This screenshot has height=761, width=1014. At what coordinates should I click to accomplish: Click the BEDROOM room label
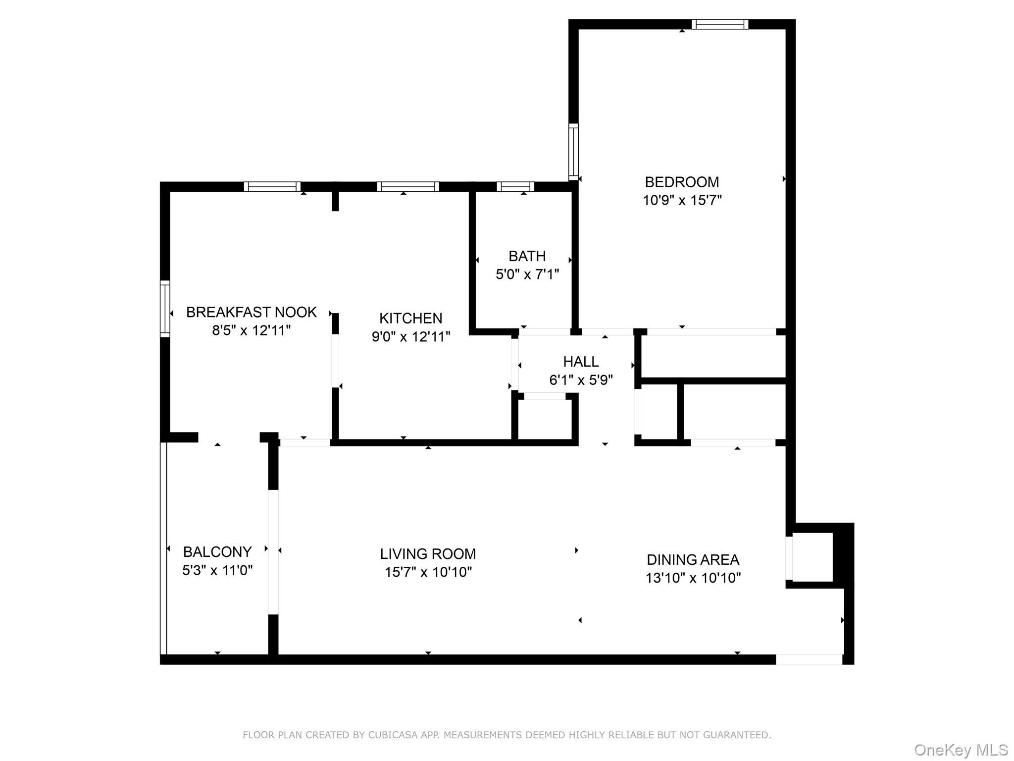pyautogui.click(x=682, y=182)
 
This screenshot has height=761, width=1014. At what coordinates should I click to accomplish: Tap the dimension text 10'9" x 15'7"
pyautogui.click(x=682, y=200)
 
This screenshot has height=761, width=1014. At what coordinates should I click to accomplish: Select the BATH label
pyautogui.click(x=527, y=256)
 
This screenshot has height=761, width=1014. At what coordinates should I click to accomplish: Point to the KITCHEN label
pyautogui.click(x=410, y=318)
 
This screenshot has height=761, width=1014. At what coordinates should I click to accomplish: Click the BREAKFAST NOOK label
pyautogui.click(x=251, y=312)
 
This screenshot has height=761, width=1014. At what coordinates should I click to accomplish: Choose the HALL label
pyautogui.click(x=581, y=362)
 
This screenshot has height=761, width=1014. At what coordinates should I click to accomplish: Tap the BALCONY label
pyautogui.click(x=217, y=551)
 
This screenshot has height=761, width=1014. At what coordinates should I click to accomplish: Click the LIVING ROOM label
pyautogui.click(x=428, y=553)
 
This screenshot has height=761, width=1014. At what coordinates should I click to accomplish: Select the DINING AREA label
pyautogui.click(x=693, y=559)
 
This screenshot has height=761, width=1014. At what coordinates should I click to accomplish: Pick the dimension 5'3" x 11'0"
pyautogui.click(x=217, y=570)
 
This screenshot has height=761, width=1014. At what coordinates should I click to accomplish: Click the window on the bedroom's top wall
pyautogui.click(x=719, y=24)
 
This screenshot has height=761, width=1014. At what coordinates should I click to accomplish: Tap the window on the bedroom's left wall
pyautogui.click(x=573, y=152)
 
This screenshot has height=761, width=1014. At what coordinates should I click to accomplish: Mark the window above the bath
pyautogui.click(x=515, y=187)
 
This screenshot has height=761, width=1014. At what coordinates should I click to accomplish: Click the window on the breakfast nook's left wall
pyautogui.click(x=165, y=309)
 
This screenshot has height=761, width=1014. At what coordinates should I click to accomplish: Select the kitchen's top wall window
pyautogui.click(x=408, y=187)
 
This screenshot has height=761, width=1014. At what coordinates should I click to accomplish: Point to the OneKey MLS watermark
pyautogui.click(x=961, y=750)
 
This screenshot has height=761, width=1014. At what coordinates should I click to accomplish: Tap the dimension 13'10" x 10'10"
pyautogui.click(x=693, y=578)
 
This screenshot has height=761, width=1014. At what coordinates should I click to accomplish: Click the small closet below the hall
pyautogui.click(x=545, y=419)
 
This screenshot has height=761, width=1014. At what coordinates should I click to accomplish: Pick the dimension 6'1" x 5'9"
pyautogui.click(x=581, y=380)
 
